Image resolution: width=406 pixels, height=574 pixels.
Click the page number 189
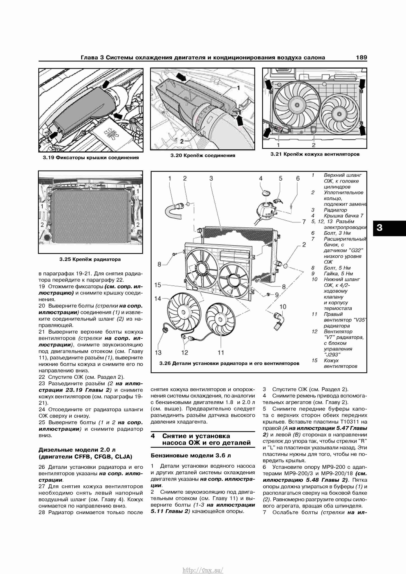pyautogui.click(x=362, y=58)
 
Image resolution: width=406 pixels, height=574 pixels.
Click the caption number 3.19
pyautogui.click(x=48, y=157)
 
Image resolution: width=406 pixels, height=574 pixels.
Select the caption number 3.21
pyautogui.click(x=276, y=154)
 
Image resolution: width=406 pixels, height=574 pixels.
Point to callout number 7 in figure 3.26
pyautogui.click(x=304, y=222)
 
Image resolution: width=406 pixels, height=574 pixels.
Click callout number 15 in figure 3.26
pyautogui.click(x=158, y=285)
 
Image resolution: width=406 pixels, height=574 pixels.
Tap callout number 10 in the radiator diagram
pyautogui.click(x=283, y=307)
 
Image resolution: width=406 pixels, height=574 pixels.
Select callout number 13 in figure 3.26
pyautogui.click(x=158, y=353)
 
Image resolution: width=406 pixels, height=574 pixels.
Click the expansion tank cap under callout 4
pyautogui.click(x=266, y=193)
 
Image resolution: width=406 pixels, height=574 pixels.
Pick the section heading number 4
pyautogui.click(x=153, y=436)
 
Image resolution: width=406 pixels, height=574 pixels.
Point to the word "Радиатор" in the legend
pyautogui.click(x=335, y=210)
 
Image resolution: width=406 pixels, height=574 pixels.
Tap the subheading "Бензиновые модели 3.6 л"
pyautogui.click(x=191, y=456)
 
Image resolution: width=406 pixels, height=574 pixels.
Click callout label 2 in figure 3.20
pyautogui.click(x=182, y=141)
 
